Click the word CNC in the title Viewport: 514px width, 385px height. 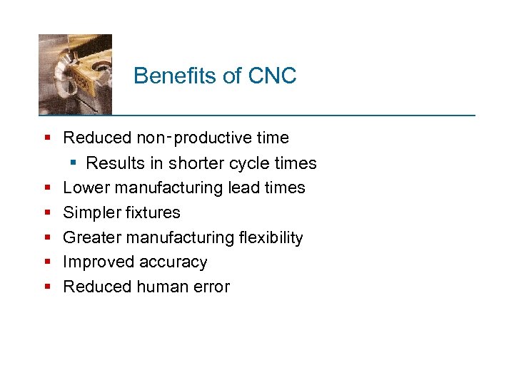(273, 76)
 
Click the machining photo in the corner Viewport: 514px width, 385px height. (75, 74)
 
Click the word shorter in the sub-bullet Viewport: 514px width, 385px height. (195, 163)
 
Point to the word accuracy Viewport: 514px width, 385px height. (171, 262)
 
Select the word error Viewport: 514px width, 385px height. (211, 287)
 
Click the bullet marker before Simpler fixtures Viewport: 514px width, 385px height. (47, 212)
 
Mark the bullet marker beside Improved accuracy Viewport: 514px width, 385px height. (47, 262)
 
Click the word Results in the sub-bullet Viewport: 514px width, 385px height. (115, 163)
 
